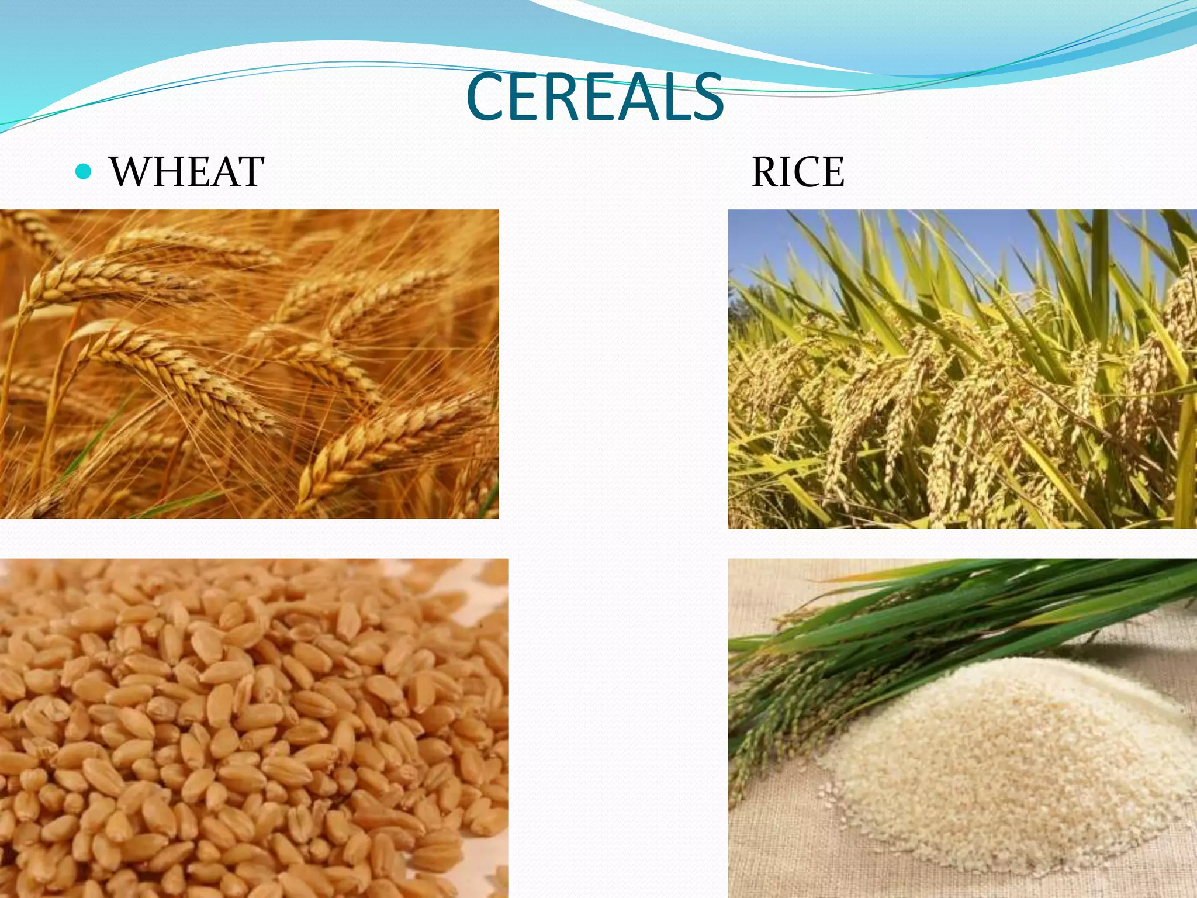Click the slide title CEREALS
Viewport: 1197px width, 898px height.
pyautogui.click(x=594, y=97)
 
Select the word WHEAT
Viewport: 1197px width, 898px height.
pyautogui.click(x=186, y=172)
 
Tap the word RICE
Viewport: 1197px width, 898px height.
pyautogui.click(x=797, y=172)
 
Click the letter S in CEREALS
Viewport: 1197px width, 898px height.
pyautogui.click(x=706, y=97)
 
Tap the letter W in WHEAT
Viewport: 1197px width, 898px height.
pyautogui.click(x=131, y=172)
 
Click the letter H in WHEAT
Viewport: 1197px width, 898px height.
pyautogui.click(x=169, y=172)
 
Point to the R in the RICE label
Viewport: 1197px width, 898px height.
pyautogui.click(x=766, y=172)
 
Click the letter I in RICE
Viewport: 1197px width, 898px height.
pyautogui.click(x=789, y=172)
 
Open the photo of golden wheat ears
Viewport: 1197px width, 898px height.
pyautogui.click(x=249, y=364)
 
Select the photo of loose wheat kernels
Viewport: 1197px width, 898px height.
pyautogui.click(x=254, y=728)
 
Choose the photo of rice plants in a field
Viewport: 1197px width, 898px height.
pyautogui.click(x=962, y=369)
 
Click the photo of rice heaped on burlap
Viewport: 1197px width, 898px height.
pyautogui.click(x=962, y=728)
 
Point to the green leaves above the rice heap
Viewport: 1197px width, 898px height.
pyautogui.click(x=964, y=608)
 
